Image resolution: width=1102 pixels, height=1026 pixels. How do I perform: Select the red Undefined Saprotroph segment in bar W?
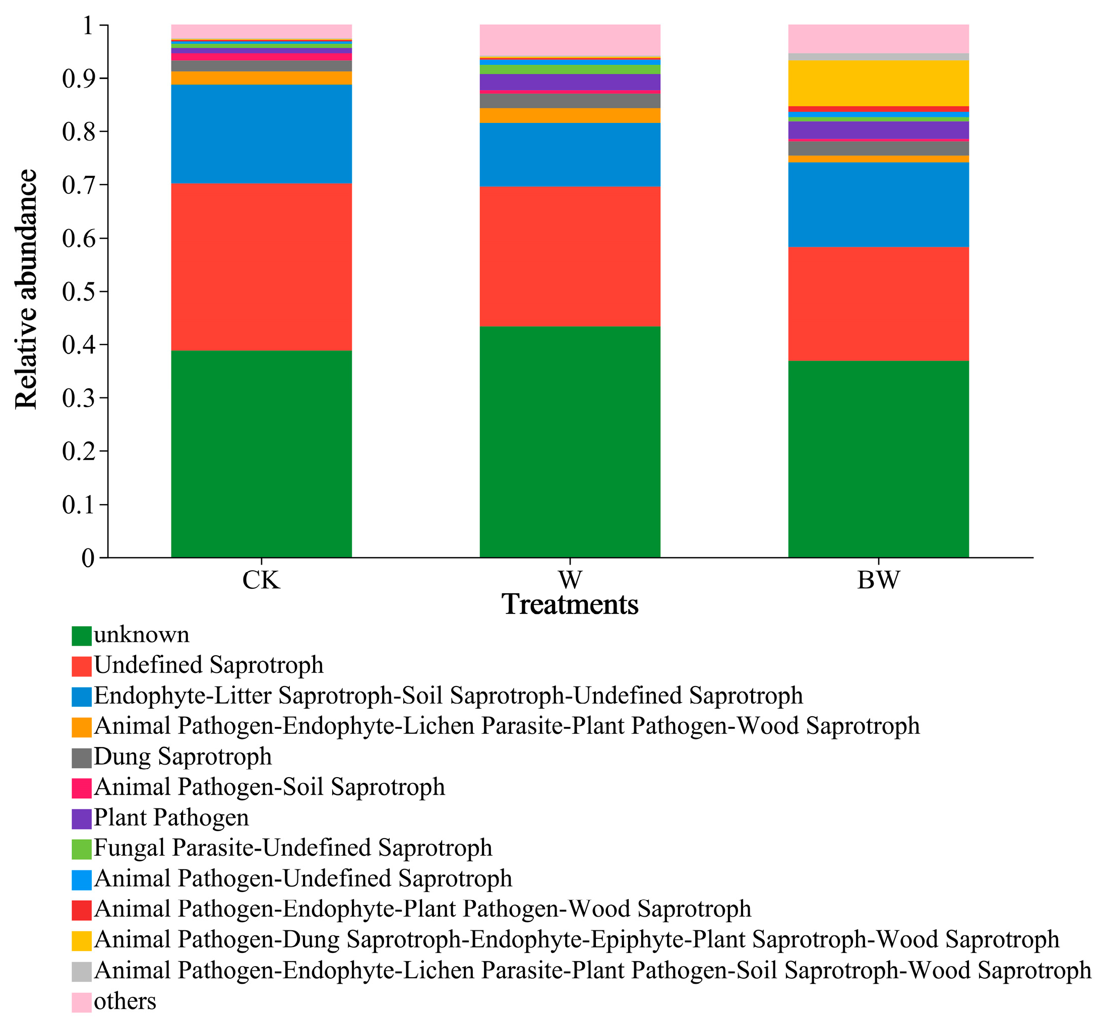click(x=569, y=256)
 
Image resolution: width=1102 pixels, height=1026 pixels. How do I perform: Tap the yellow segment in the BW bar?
click(x=878, y=83)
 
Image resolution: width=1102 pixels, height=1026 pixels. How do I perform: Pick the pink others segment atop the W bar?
click(x=569, y=40)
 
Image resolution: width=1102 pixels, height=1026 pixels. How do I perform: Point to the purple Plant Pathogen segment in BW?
click(x=878, y=129)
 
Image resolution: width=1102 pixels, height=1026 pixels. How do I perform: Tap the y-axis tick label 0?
click(x=88, y=557)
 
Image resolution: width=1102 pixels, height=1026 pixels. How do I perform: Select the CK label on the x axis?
click(x=261, y=580)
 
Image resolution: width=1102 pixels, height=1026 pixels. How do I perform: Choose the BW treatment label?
click(x=878, y=580)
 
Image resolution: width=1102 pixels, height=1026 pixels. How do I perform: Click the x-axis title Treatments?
click(x=569, y=604)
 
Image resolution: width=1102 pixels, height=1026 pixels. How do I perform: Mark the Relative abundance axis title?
click(x=26, y=289)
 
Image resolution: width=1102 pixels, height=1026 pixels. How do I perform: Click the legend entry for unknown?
click(x=141, y=635)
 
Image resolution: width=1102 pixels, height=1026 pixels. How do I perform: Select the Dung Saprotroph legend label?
click(x=182, y=757)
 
